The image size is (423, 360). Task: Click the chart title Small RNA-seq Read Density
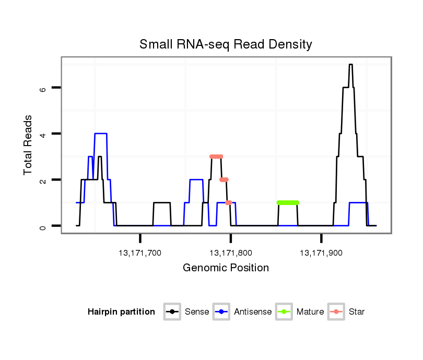[x=226, y=44]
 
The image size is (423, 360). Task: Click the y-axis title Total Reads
[x=29, y=145]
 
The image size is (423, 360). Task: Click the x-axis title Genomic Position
[x=226, y=268]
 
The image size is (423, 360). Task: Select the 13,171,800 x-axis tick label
[x=231, y=253]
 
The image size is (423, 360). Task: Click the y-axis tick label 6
[x=43, y=88]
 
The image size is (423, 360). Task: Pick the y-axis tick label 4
[x=43, y=134]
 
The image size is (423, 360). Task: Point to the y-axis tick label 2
[x=43, y=180]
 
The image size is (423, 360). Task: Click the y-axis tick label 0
[x=43, y=226]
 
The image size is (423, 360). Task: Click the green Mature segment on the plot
[x=288, y=202]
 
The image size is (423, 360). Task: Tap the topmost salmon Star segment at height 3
[x=216, y=157]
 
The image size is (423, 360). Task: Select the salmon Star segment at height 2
[x=224, y=179]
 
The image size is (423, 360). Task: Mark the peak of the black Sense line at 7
[x=351, y=65]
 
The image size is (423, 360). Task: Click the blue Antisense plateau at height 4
[x=101, y=134]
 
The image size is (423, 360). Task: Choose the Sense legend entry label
[x=197, y=312]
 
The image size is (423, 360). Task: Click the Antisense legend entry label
[x=253, y=312]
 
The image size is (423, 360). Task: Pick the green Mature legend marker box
[x=284, y=312]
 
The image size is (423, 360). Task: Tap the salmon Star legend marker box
[x=336, y=312]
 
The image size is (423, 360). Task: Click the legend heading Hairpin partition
[x=121, y=312]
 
